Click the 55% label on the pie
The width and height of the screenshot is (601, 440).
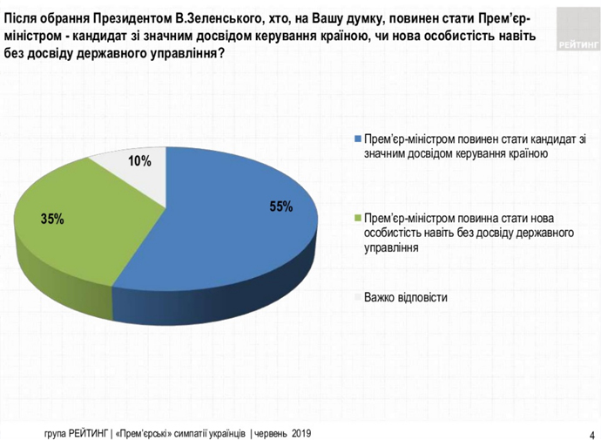[x=280, y=206]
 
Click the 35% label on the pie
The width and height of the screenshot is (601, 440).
[x=52, y=219]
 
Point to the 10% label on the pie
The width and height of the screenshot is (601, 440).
[x=139, y=160]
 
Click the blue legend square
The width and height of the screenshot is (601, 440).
[x=357, y=140]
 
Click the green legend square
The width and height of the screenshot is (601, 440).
[x=357, y=218]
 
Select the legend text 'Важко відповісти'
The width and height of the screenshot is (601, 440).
[x=406, y=297]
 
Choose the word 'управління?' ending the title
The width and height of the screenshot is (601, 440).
[x=183, y=53]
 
